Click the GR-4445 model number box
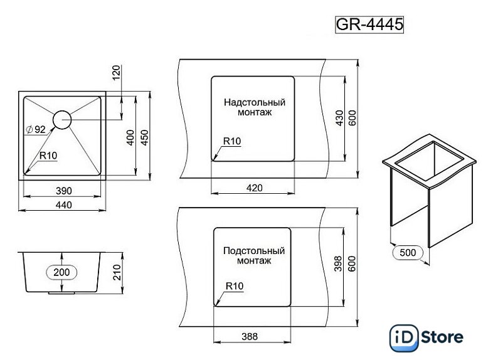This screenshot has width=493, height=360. (369, 24)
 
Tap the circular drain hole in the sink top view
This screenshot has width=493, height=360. (62, 120)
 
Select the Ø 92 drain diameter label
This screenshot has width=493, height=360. (36, 129)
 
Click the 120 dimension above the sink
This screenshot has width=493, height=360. (116, 73)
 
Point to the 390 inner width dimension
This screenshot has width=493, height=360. (64, 191)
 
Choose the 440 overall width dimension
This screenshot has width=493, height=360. (64, 204)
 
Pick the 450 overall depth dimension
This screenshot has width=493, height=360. (144, 137)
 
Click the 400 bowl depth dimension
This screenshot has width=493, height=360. (130, 137)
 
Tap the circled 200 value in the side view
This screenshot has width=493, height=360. (61, 272)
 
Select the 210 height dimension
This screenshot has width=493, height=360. (117, 272)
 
